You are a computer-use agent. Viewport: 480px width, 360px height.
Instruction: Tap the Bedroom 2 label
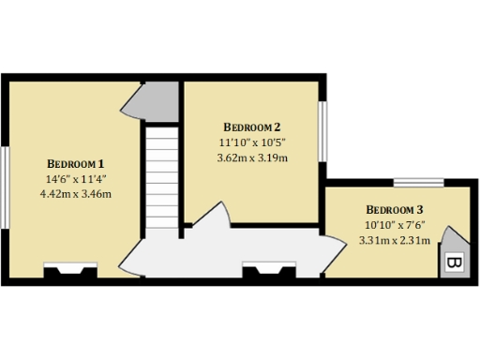coord(252,127)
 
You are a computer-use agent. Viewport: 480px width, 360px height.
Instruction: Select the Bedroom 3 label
coord(395,209)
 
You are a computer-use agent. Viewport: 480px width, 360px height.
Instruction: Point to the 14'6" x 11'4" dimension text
coord(76,178)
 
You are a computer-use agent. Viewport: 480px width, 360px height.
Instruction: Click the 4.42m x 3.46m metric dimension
coord(76,194)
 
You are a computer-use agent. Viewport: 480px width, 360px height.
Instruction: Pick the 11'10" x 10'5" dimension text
coord(252,142)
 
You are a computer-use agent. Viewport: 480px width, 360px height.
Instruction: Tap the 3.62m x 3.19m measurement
coord(252,157)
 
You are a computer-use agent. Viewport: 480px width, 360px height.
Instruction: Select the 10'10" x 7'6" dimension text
coord(395,225)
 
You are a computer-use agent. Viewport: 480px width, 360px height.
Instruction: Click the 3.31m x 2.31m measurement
coord(395,240)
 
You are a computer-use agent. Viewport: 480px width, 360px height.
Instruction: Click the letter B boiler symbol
coord(453,262)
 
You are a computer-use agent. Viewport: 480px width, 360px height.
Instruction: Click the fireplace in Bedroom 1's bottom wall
coord(70,272)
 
